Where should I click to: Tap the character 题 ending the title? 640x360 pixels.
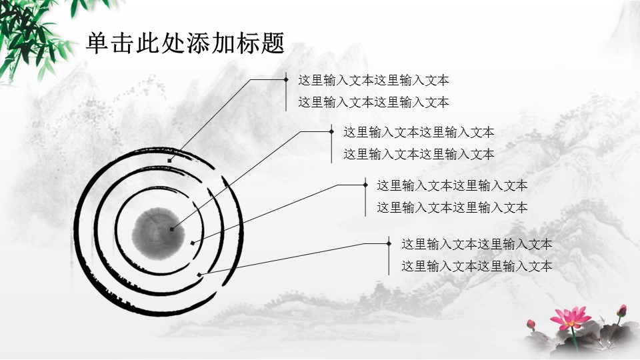pyautogui.click(x=273, y=43)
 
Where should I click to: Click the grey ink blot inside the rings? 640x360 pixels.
pyautogui.click(x=158, y=234)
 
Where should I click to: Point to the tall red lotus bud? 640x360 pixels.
pyautogui.click(x=621, y=311)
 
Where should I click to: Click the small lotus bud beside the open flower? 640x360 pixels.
pyautogui.click(x=531, y=325)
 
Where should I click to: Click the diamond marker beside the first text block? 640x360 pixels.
pyautogui.click(x=286, y=79)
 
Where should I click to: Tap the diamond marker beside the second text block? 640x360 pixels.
pyautogui.click(x=331, y=131)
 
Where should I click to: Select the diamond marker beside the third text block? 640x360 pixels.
pyautogui.click(x=365, y=185)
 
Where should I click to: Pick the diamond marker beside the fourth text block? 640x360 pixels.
pyautogui.click(x=389, y=244)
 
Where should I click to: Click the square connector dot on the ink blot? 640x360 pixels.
pyautogui.click(x=172, y=229)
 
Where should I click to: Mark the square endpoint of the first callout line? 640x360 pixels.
pyautogui.click(x=169, y=161)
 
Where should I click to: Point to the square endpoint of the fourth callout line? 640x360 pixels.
pyautogui.click(x=199, y=275)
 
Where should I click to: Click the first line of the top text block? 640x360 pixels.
pyautogui.click(x=373, y=81)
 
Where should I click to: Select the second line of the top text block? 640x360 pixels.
pyautogui.click(x=373, y=102)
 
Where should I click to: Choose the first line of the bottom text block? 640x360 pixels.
pyautogui.click(x=477, y=245)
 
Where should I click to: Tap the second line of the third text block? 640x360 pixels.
pyautogui.click(x=452, y=208)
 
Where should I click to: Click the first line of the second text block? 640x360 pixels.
pyautogui.click(x=419, y=132)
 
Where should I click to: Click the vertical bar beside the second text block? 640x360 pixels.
pyautogui.click(x=331, y=144)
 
